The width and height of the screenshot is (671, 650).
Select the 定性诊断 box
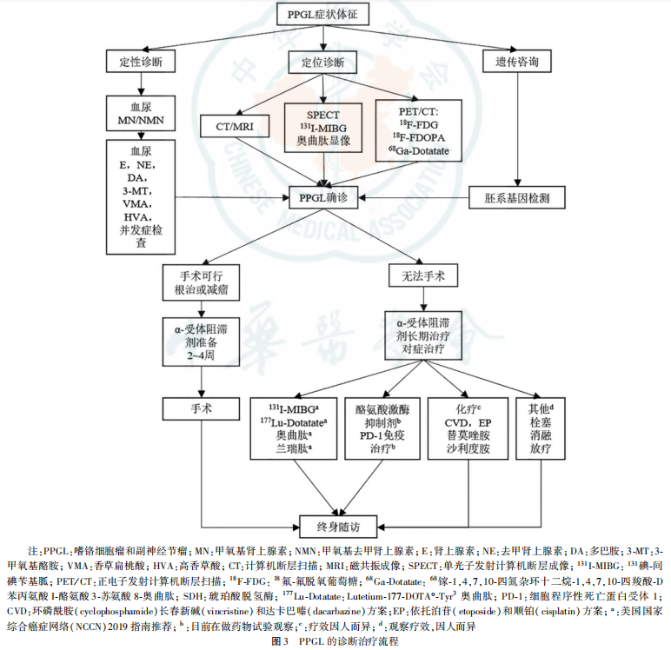point(140,63)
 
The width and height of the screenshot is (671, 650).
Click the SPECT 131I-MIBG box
point(323,127)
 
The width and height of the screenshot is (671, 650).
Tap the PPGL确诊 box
point(322,198)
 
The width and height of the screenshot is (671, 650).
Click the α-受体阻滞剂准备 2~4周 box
point(201,341)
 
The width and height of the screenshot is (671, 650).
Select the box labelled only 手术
point(201,407)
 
